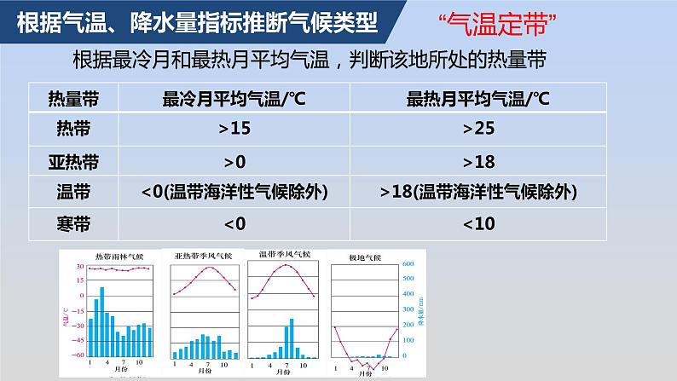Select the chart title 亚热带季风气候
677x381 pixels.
click(x=204, y=256)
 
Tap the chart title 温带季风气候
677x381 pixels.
click(x=284, y=254)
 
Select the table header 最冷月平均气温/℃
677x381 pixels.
click(x=234, y=99)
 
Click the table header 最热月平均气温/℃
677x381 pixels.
click(x=478, y=99)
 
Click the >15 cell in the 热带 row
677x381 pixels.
click(x=234, y=129)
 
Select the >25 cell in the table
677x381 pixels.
click(x=478, y=129)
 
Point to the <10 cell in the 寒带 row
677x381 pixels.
click(x=478, y=223)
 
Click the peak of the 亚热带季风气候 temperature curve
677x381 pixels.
click(x=208, y=267)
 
